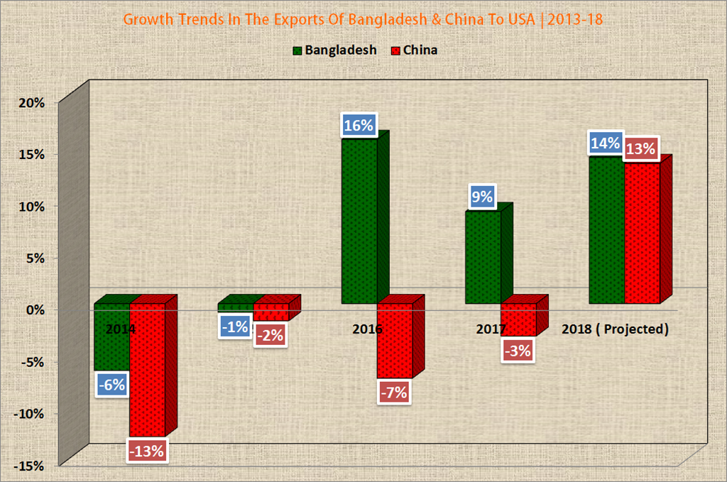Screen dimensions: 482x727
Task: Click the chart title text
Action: tap(363, 19)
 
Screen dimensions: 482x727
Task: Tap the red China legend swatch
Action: tap(395, 50)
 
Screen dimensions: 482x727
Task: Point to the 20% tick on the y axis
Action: tap(31, 102)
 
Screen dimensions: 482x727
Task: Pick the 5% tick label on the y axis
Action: tap(34, 258)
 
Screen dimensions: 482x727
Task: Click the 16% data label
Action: tap(359, 126)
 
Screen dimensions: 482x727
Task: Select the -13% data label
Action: tap(147, 450)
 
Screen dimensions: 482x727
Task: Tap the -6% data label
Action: tap(111, 385)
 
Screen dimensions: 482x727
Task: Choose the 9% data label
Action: tap(482, 197)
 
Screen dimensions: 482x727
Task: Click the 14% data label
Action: tap(606, 144)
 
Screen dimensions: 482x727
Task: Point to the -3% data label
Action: tap(518, 351)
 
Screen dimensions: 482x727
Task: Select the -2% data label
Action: tap(270, 335)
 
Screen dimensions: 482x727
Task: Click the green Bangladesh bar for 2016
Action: tap(359, 220)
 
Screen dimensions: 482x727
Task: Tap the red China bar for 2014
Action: tap(147, 369)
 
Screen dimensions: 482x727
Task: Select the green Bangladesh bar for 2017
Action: tap(483, 257)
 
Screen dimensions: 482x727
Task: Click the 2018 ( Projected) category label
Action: tap(616, 329)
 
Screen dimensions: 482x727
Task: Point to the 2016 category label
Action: tap(367, 329)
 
